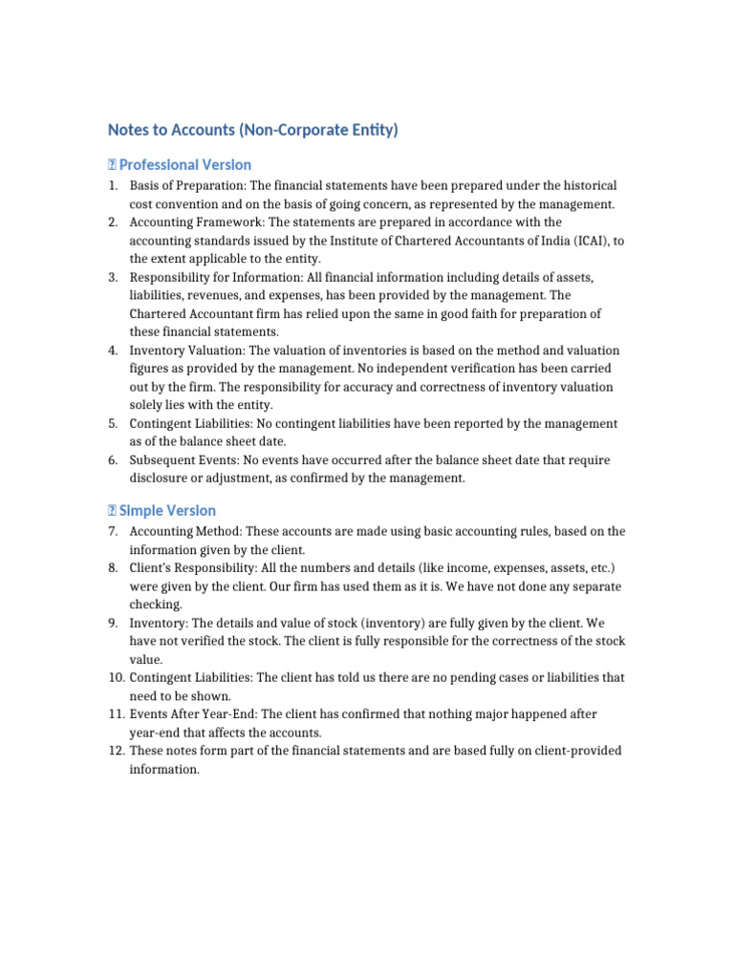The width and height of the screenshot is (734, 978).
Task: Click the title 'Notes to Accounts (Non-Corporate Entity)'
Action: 252,130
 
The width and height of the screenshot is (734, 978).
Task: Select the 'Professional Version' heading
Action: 185,164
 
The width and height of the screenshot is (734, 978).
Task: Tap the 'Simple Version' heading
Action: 167,510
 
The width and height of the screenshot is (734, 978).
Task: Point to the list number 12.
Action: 115,751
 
